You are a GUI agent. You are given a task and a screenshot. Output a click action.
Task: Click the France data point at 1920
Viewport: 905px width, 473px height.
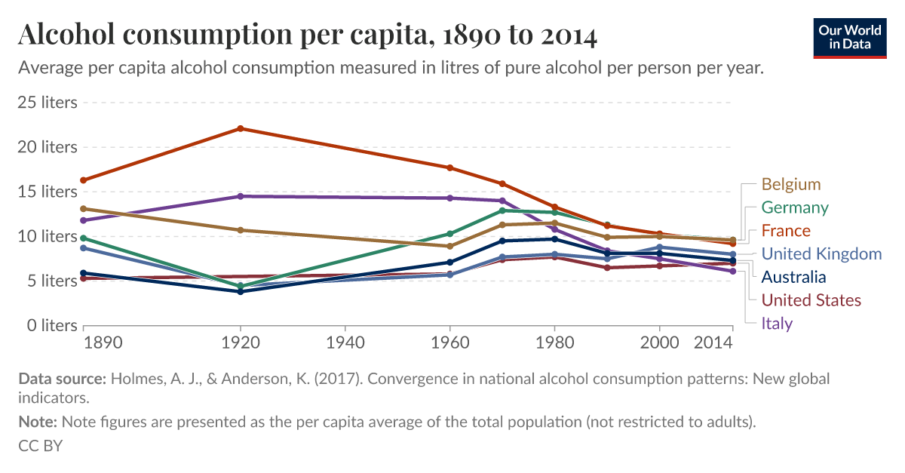pyautogui.click(x=241, y=128)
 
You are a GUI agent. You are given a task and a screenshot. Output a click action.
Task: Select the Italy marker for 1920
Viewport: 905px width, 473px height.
pyautogui.click(x=241, y=196)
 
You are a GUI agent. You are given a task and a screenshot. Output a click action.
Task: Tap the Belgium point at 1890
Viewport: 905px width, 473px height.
pyautogui.click(x=84, y=209)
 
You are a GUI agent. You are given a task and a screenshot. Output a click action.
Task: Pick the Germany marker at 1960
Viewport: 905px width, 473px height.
pyautogui.click(x=449, y=234)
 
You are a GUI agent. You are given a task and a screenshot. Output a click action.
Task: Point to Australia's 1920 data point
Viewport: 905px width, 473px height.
pyautogui.click(x=241, y=291)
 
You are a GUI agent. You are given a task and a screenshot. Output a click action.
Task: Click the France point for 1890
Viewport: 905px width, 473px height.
pyautogui.click(x=84, y=180)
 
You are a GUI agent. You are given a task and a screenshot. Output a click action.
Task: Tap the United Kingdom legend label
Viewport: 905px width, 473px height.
pyautogui.click(x=821, y=253)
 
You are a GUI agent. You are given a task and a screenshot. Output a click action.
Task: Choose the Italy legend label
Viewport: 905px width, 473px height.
pyautogui.click(x=777, y=324)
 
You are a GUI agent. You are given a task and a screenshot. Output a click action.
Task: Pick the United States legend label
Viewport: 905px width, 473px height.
pyautogui.click(x=811, y=300)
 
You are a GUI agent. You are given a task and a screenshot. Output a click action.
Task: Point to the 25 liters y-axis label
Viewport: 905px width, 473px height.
pyautogui.click(x=48, y=102)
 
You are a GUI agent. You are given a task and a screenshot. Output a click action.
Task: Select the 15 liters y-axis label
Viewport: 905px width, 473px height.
pyautogui.click(x=48, y=192)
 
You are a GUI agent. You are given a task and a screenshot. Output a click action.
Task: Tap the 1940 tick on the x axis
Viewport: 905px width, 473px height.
pyautogui.click(x=345, y=342)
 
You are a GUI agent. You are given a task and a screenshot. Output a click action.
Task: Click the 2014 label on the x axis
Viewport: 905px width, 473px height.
pyautogui.click(x=713, y=342)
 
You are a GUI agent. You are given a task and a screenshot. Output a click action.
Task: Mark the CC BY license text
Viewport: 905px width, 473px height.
pyautogui.click(x=41, y=445)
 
